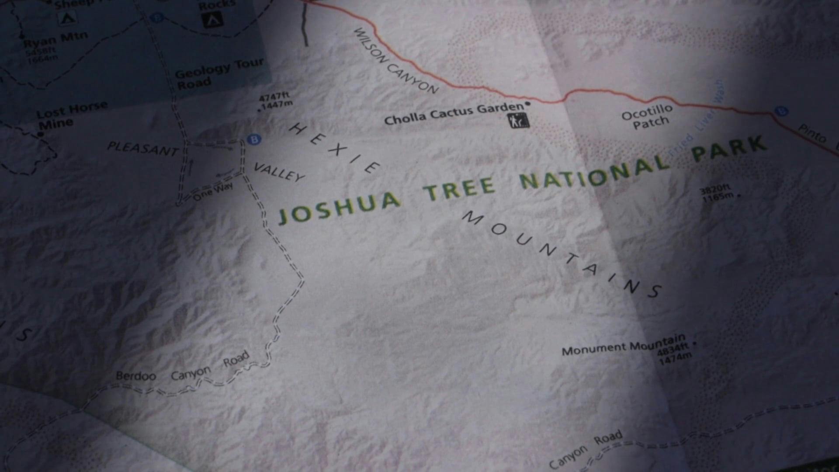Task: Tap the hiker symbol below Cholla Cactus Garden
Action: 518,121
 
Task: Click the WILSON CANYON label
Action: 395,61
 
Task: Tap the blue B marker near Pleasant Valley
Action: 253,139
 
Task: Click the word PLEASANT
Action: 142,149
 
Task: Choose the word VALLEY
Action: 279,172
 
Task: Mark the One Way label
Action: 213,192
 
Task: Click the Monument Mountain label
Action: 623,346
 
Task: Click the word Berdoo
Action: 135,376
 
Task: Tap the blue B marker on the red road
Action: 781,111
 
